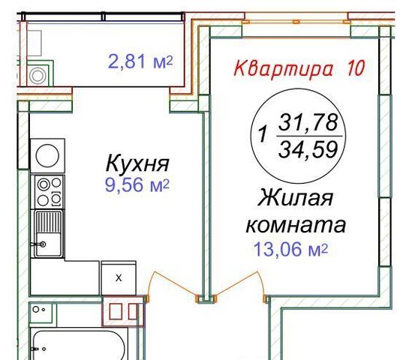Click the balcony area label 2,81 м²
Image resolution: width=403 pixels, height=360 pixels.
[x=140, y=61]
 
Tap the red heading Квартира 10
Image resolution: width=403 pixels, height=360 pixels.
[x=299, y=68]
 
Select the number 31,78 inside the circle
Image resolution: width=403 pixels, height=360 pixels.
[x=308, y=122]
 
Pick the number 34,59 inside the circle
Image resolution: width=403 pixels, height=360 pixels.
[x=308, y=149]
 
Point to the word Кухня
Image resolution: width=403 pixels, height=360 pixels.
[x=137, y=163]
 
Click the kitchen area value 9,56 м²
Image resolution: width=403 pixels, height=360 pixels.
[x=137, y=185]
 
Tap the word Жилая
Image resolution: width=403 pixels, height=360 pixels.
[x=296, y=198]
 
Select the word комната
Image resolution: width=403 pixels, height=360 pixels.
[x=296, y=225]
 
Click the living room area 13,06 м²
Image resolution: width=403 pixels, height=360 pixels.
[x=291, y=249]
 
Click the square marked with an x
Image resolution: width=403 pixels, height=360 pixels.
[x=119, y=278]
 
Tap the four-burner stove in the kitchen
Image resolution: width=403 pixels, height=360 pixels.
[x=48, y=191]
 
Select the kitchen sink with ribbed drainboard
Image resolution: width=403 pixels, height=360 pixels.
[x=48, y=234]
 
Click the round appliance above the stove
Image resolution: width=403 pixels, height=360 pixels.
[x=47, y=155]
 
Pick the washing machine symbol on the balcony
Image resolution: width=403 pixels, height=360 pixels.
[x=38, y=75]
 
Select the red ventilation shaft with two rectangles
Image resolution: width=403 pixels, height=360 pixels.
[x=123, y=311]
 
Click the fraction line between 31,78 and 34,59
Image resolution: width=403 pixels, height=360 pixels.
[x=309, y=136]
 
